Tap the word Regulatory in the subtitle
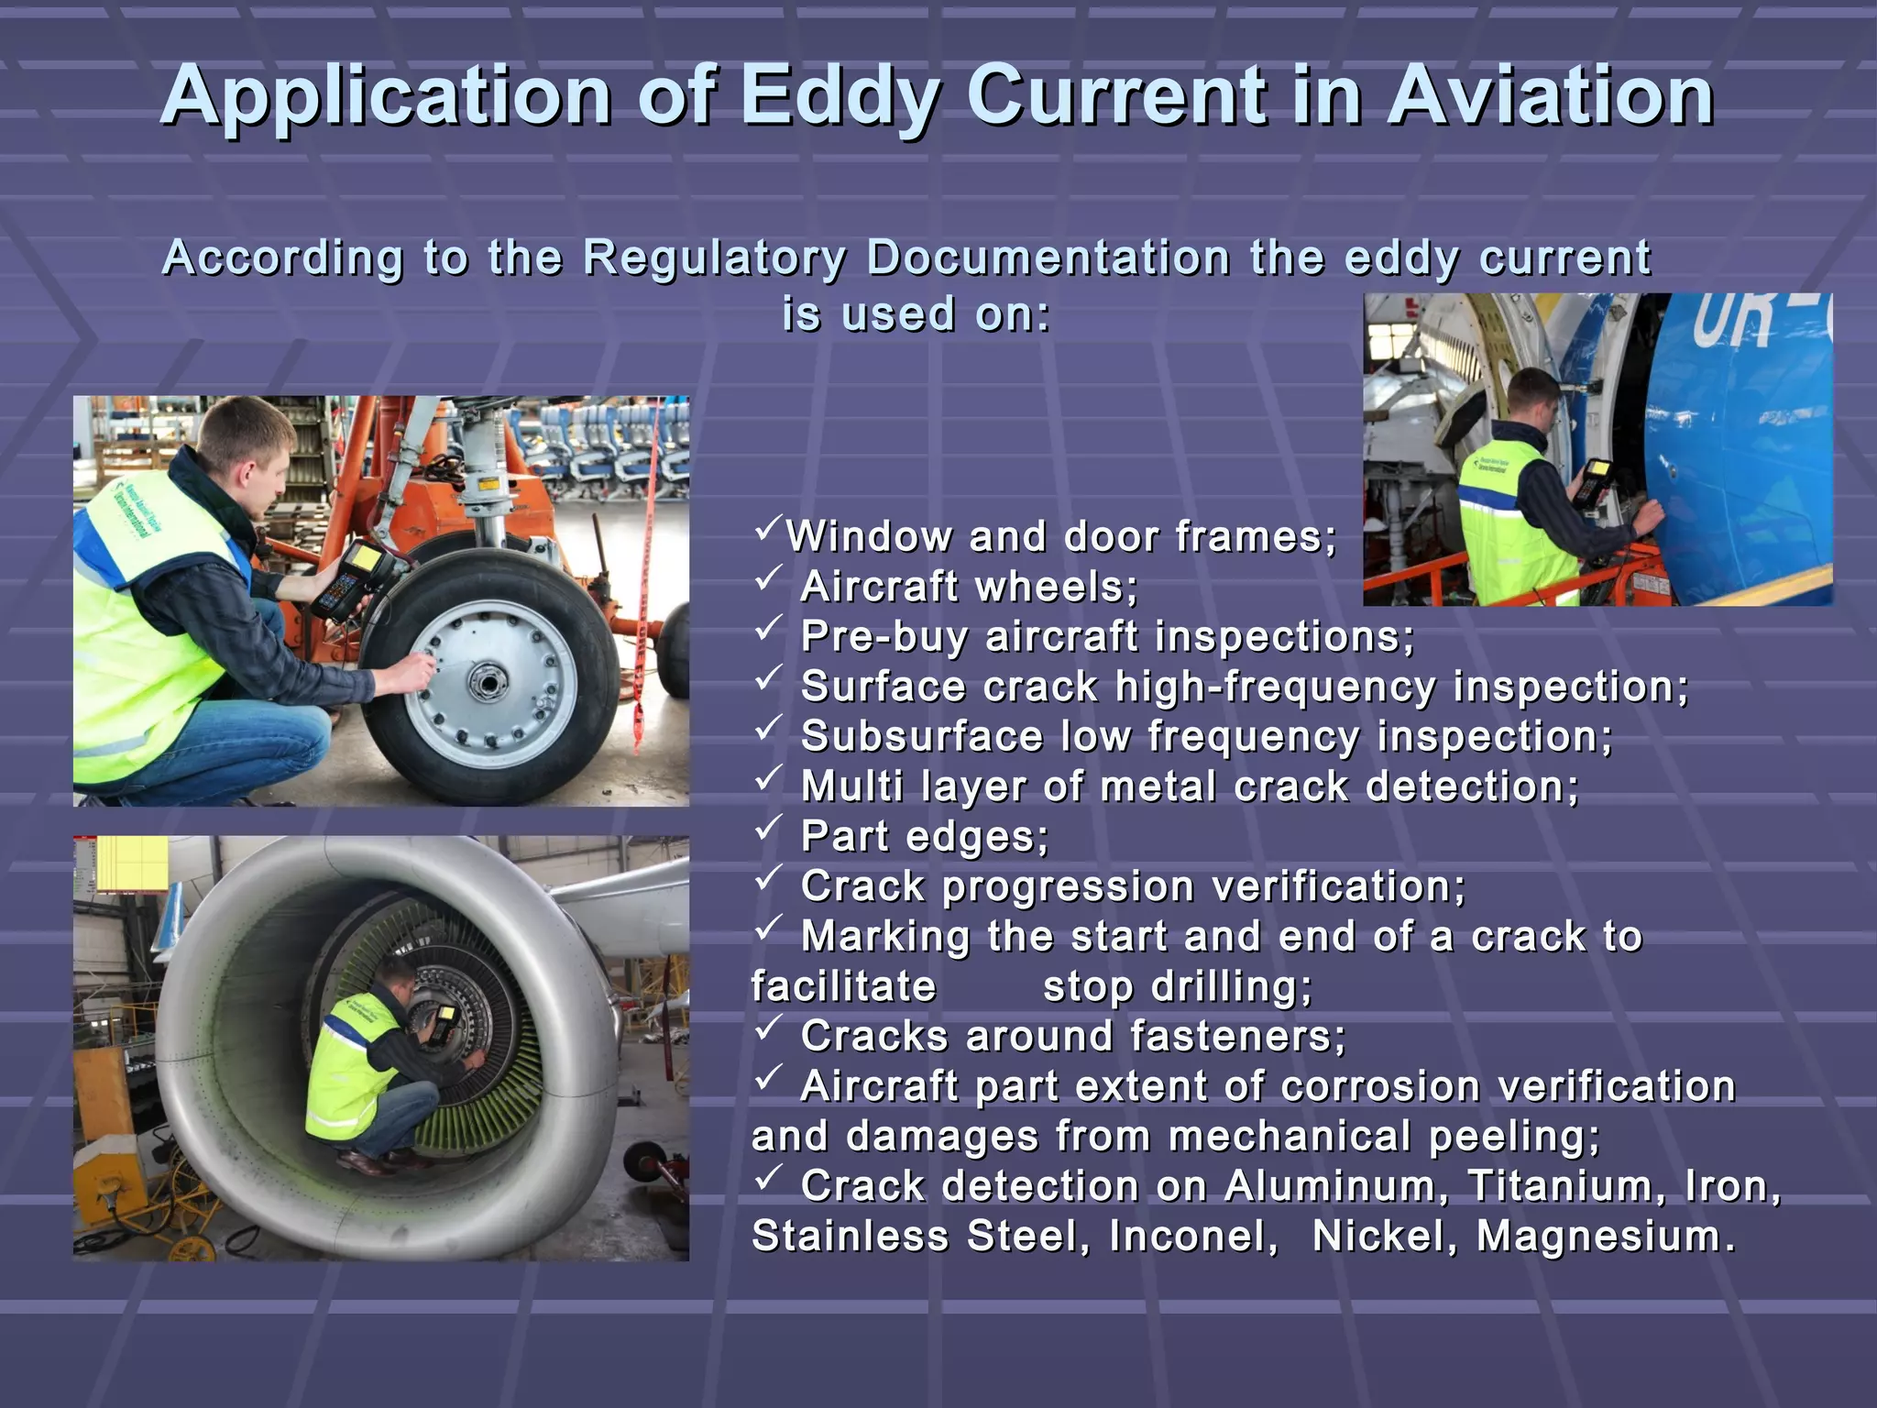[x=715, y=258]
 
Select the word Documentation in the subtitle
[x=1048, y=258]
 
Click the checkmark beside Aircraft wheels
[x=767, y=578]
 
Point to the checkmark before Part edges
[x=767, y=828]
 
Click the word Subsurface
[x=922, y=736]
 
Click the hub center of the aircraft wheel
[x=483, y=682]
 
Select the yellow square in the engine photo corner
[x=132, y=863]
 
